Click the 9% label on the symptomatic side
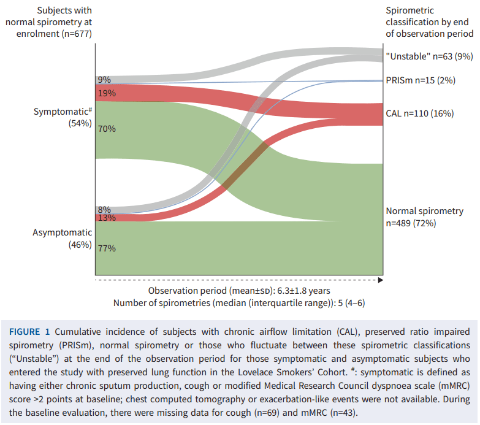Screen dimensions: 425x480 click(104, 80)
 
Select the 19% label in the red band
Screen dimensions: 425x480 click(106, 94)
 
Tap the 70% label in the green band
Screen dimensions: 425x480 click(106, 129)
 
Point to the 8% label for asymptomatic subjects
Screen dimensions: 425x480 click(104, 210)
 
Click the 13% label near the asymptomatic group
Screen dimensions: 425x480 click(106, 218)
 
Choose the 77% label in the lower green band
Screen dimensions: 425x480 click(106, 248)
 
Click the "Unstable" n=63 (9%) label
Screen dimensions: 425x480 click(429, 56)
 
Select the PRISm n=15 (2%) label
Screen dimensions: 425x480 click(421, 80)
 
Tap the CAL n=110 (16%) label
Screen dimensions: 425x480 click(419, 113)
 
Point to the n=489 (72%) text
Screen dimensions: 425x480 click(411, 223)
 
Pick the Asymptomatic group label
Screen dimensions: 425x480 click(62, 232)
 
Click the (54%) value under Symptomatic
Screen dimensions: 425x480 click(80, 123)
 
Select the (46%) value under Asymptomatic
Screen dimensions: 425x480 click(80, 245)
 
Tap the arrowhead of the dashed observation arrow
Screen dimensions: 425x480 click(380, 280)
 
